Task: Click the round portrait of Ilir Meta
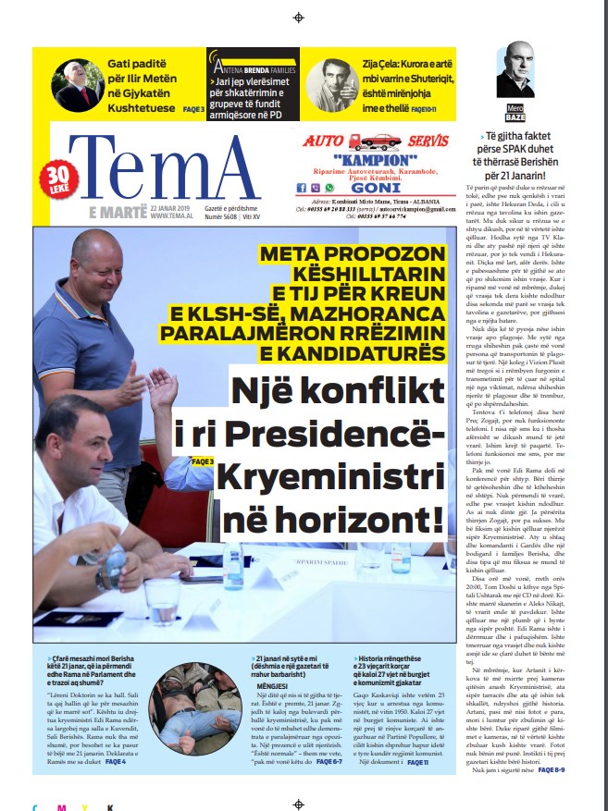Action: point(79,85)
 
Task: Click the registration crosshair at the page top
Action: point(298,18)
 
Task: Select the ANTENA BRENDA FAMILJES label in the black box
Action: point(254,68)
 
